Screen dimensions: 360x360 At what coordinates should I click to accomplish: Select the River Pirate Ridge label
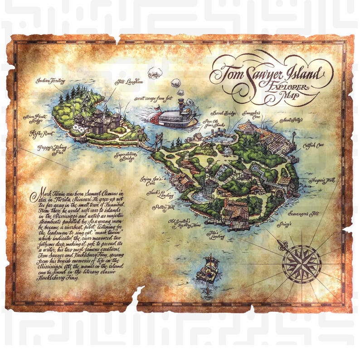[35, 119]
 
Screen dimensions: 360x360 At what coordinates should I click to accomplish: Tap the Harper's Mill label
[322, 180]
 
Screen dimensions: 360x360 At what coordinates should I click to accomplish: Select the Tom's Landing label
[213, 236]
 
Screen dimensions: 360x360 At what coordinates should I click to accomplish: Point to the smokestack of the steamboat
[181, 106]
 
